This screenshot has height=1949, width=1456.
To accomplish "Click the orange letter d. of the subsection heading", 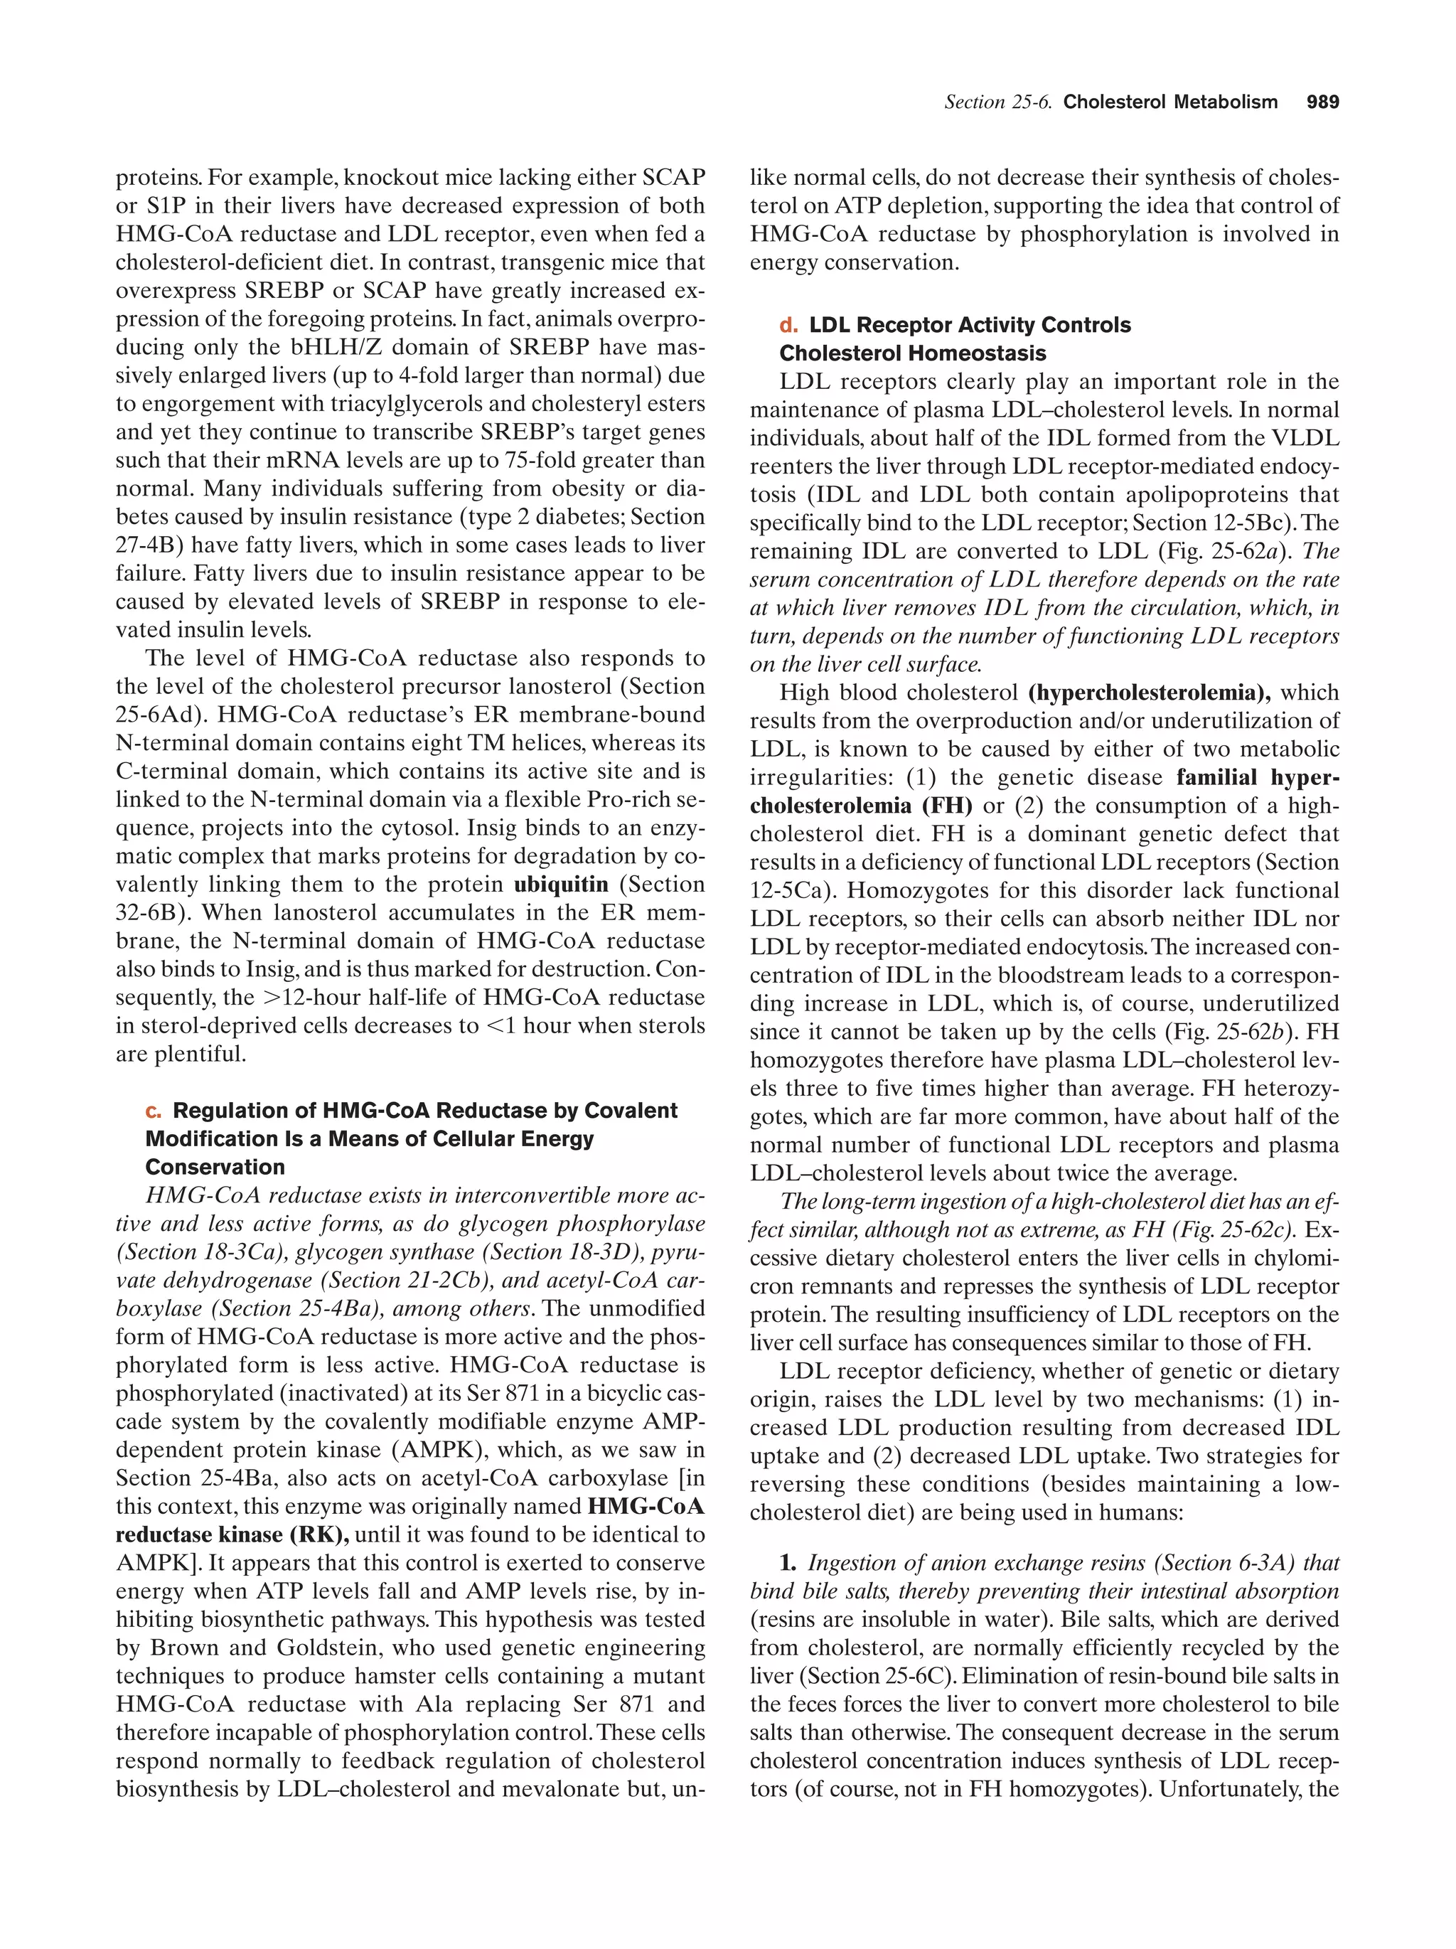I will click(x=788, y=326).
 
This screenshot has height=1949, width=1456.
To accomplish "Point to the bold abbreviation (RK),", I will click(x=318, y=1535).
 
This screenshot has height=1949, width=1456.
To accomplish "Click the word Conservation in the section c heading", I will click(x=215, y=1168).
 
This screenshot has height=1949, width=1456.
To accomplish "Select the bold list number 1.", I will click(x=788, y=1564).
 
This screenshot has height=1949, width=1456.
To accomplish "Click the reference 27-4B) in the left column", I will click(x=148, y=545).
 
